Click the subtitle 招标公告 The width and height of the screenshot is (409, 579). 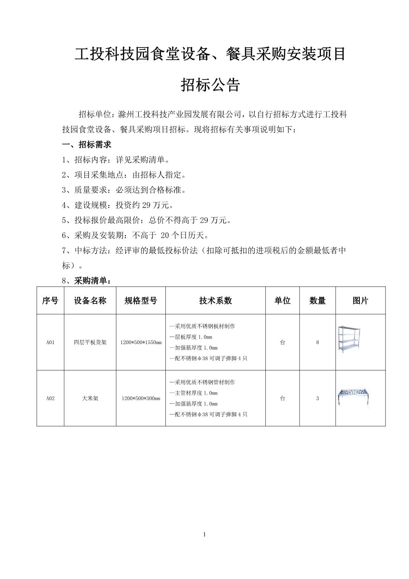[x=210, y=85]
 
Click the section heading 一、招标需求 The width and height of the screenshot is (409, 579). [x=87, y=145]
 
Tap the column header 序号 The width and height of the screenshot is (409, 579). [x=50, y=300]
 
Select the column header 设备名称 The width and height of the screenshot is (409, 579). [x=90, y=300]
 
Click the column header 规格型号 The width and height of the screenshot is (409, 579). [x=141, y=300]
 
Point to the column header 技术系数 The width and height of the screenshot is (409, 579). [x=215, y=300]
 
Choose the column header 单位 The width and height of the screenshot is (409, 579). [x=282, y=300]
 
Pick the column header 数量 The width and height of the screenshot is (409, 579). [x=317, y=300]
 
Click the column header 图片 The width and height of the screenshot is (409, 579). [x=360, y=300]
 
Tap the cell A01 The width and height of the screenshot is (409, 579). [x=50, y=342]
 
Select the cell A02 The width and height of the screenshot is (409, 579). [x=50, y=398]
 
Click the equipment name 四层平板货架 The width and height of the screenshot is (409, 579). [x=90, y=342]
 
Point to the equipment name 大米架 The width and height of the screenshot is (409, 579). [x=90, y=398]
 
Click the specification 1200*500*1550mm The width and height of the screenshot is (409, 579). [x=141, y=342]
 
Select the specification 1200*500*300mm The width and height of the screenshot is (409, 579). [x=141, y=398]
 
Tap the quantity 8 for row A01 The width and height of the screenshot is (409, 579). [x=317, y=342]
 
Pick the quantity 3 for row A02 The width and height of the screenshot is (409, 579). [x=317, y=398]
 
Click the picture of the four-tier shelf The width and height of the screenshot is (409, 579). [x=349, y=339]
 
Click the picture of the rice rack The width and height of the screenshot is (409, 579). [x=354, y=397]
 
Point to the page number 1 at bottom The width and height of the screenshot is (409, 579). [x=204, y=534]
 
